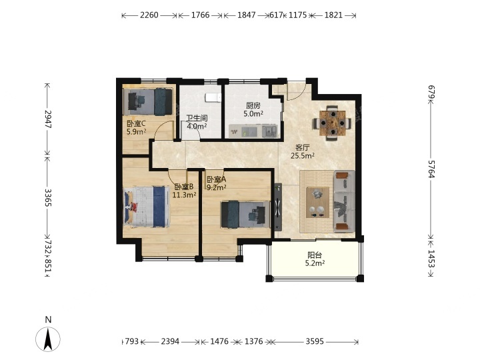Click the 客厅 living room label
[x=303, y=148]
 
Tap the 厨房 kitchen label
[x=253, y=106]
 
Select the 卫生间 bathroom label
[x=197, y=118]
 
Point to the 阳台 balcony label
[x=315, y=255]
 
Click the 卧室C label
[x=136, y=124]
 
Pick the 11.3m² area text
[x=184, y=195]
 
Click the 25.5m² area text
[x=303, y=156]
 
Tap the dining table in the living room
[x=332, y=123]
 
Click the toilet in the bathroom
[x=213, y=97]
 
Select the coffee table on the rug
[x=318, y=203]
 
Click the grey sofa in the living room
[x=345, y=201]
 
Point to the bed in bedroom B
[x=146, y=206]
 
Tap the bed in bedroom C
[x=148, y=101]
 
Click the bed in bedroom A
[x=245, y=214]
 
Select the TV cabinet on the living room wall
[x=277, y=207]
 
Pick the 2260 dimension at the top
[x=149, y=15]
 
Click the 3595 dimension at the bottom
[x=315, y=341]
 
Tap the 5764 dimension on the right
[x=431, y=169]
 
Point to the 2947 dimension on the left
[x=48, y=119]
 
